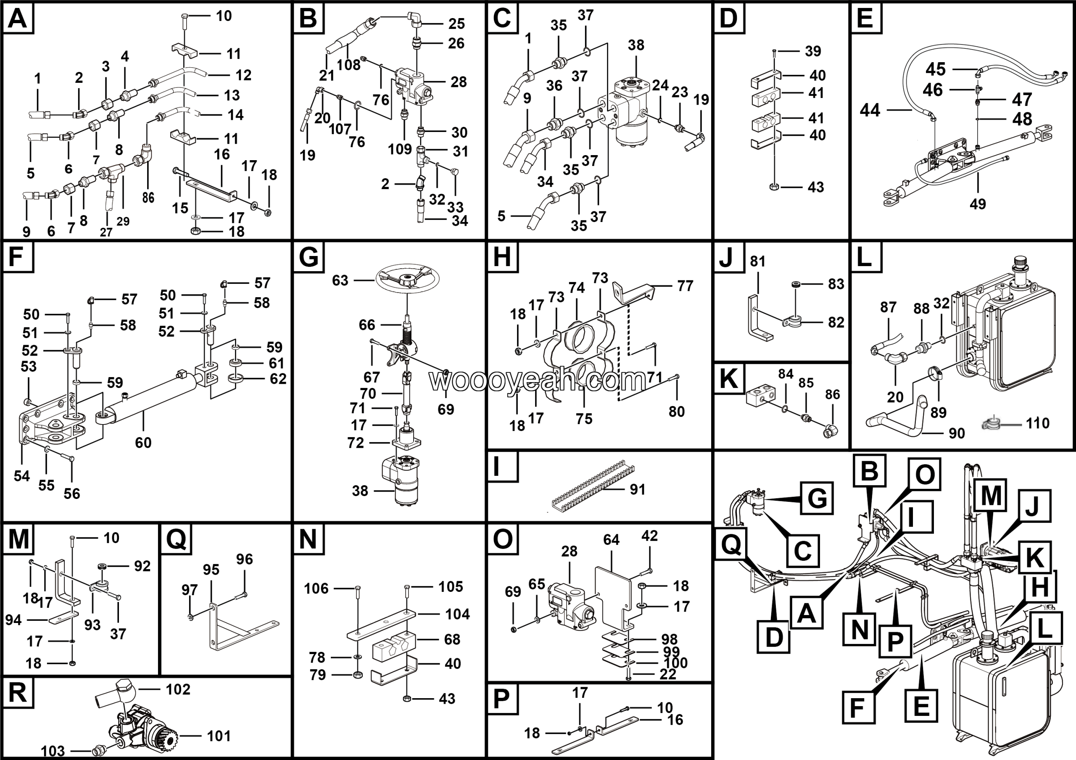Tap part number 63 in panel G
[x=340, y=281]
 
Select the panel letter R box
[x=18, y=692]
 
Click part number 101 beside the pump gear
[x=219, y=736]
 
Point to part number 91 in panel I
[x=637, y=490]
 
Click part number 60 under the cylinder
[x=143, y=443]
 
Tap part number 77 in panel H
[x=685, y=286]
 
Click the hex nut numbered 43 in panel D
[x=775, y=187]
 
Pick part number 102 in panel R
[x=178, y=690]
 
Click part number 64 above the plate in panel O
[x=611, y=540]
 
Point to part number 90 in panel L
[x=957, y=433]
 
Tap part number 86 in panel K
[x=832, y=395]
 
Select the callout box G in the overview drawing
[x=817, y=498]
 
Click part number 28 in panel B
[x=458, y=82]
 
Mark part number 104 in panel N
[x=457, y=614]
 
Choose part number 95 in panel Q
[x=211, y=570]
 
